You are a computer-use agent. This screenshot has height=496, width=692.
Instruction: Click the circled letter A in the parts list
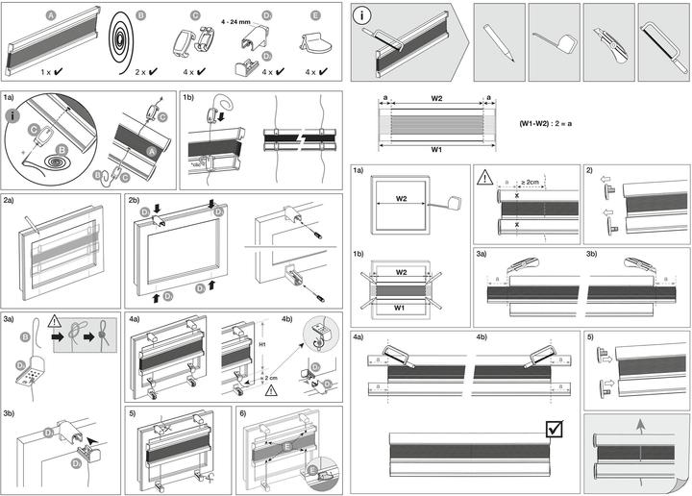51,16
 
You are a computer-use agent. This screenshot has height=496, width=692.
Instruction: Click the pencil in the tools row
500,39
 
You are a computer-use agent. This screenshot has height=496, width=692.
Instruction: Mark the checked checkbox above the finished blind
555,429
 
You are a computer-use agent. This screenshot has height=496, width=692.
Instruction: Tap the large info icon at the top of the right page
363,15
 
